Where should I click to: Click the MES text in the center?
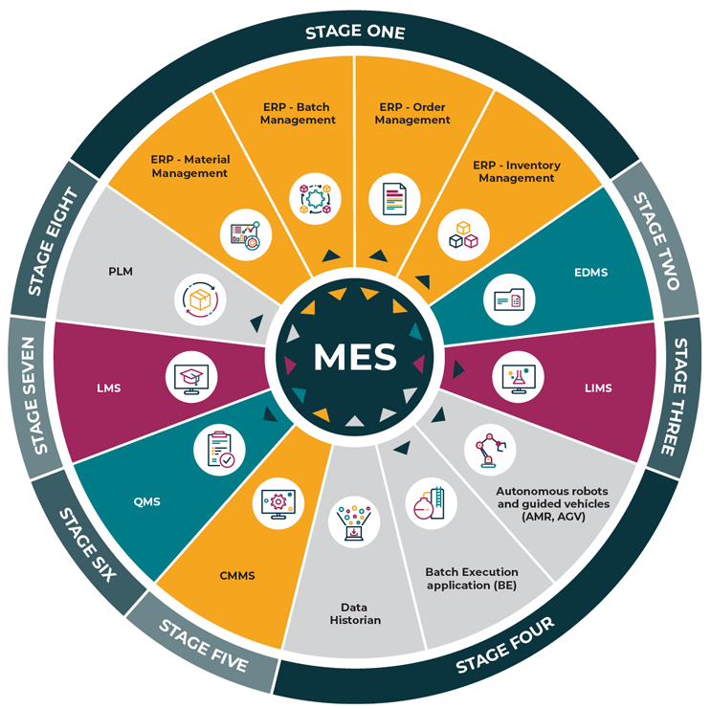coord(355,356)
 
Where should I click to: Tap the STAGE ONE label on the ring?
coord(355,33)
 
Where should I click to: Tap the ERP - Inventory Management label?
coord(517,171)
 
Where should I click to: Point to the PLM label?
coord(121,273)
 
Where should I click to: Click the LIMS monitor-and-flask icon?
coord(517,378)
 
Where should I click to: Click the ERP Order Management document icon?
coord(394,197)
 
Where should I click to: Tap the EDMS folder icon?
coord(507,299)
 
